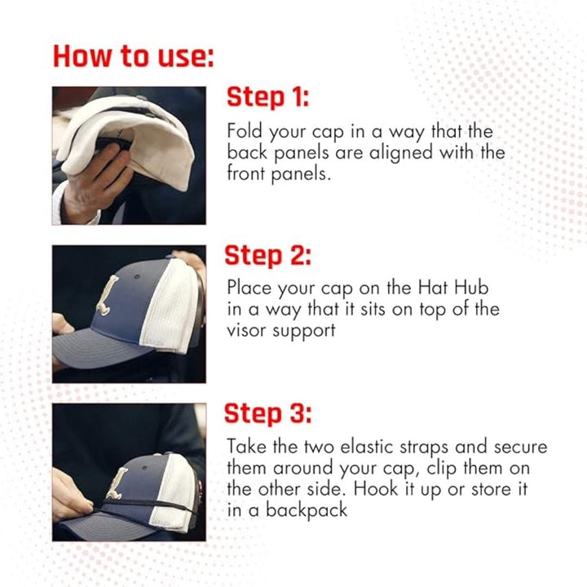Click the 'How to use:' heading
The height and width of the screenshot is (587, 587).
134,56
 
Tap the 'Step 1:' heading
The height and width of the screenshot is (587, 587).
268,98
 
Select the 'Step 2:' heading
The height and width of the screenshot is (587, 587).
268,255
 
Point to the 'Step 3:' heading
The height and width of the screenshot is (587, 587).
268,413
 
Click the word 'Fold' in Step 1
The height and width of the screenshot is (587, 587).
243,131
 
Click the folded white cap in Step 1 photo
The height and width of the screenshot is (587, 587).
130,130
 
